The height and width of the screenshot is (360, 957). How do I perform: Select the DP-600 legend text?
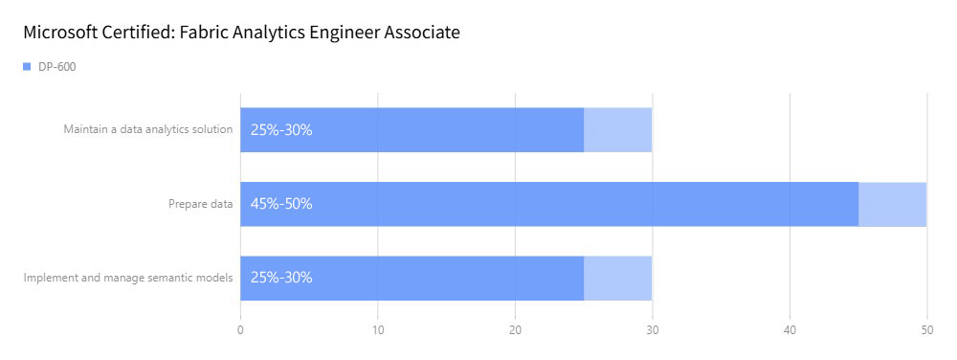(57, 67)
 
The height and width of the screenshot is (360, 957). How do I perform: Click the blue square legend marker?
(27, 67)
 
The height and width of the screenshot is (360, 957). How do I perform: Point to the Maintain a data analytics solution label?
(148, 129)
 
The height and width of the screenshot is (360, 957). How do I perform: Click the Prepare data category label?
(201, 203)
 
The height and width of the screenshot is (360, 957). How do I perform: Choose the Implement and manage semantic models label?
(128, 278)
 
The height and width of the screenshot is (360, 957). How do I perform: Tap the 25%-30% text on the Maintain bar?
(281, 130)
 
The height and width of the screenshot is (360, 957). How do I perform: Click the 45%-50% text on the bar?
(281, 204)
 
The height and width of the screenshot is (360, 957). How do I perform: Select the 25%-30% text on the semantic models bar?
(281, 278)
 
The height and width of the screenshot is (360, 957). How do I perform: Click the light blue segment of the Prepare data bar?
(892, 204)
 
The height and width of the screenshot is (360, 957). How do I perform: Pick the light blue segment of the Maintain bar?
(617, 130)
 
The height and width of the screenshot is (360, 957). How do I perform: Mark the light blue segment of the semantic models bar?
(617, 278)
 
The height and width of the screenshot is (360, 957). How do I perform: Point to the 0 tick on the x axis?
(240, 329)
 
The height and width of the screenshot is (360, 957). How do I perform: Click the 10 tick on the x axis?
(378, 329)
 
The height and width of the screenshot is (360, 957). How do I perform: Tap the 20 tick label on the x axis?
(515, 329)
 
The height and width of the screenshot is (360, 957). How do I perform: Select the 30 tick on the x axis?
(652, 329)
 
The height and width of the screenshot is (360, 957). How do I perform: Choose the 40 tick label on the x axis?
(790, 329)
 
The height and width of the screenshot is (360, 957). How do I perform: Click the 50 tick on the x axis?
(925, 329)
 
